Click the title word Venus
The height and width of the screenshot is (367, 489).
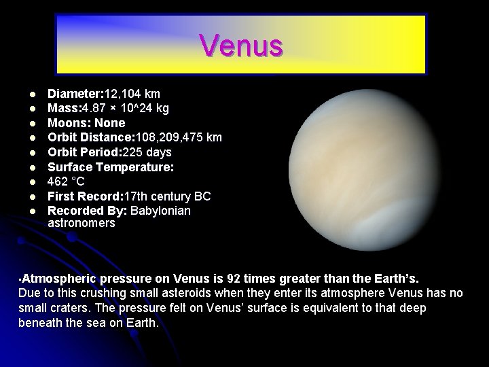coord(241,46)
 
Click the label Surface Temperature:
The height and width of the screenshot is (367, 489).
coord(111,167)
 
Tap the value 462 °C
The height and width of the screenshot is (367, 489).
coord(66,181)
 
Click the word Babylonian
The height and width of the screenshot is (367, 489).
coord(160,211)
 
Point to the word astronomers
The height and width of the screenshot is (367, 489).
coord(81,223)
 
